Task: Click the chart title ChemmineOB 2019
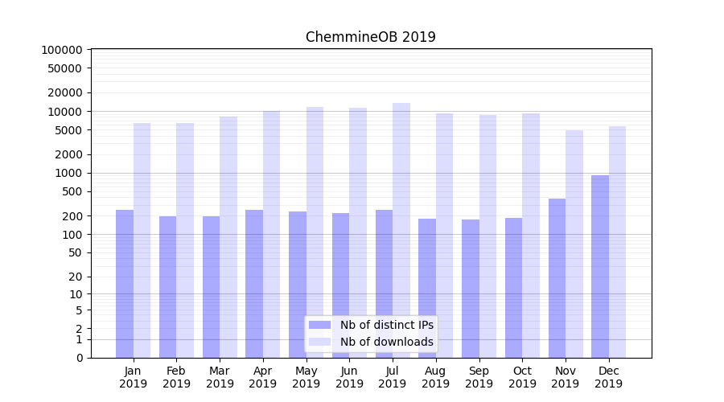[370, 37]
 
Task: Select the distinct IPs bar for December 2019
[600, 265]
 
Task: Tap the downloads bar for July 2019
[401, 230]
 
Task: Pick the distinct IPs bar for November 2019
[557, 277]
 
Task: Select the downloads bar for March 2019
[228, 236]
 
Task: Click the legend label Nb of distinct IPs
[386, 325]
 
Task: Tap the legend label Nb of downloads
[386, 342]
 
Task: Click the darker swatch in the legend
[319, 325]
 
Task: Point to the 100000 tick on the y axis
[62, 50]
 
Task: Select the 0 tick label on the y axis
[79, 358]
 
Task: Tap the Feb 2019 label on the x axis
[176, 377]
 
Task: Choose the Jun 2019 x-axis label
[349, 377]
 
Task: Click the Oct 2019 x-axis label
[522, 377]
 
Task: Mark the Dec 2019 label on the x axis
[608, 377]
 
